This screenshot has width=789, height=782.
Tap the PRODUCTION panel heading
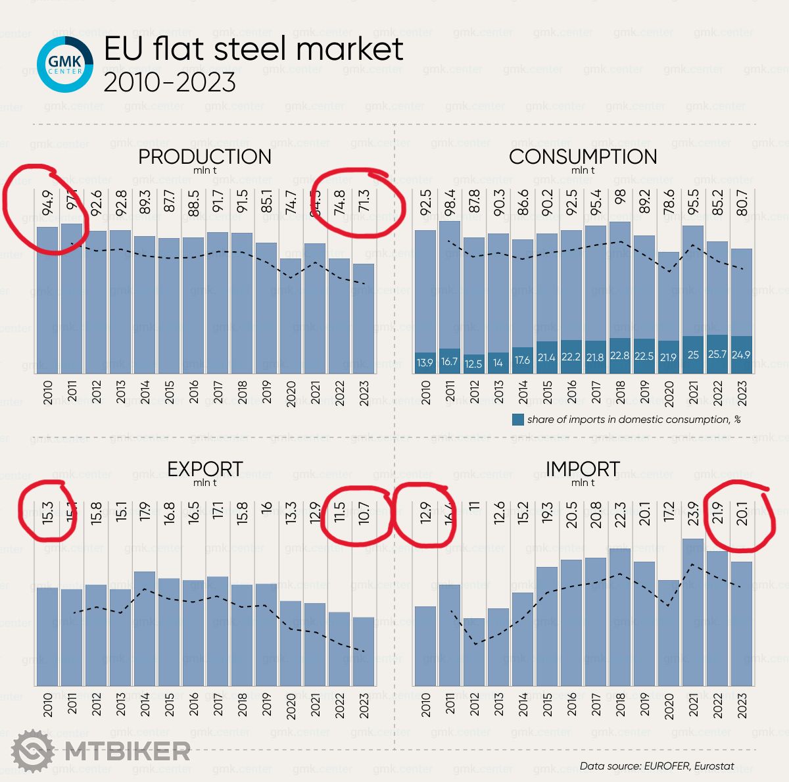click(x=204, y=157)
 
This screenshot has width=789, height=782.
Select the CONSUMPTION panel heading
click(x=583, y=157)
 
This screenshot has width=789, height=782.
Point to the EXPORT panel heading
click(x=204, y=469)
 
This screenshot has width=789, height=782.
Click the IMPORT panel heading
click(x=583, y=469)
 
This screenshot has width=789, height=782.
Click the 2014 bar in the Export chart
click(x=145, y=628)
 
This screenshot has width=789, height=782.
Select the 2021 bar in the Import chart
click(x=693, y=612)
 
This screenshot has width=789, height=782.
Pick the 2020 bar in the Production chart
click(x=291, y=316)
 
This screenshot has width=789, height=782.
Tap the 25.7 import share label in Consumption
click(x=717, y=355)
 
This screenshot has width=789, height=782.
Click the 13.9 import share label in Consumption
click(x=425, y=362)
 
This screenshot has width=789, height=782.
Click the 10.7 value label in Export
click(x=364, y=514)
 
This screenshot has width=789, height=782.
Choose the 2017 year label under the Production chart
click(x=218, y=393)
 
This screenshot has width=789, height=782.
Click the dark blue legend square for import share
click(x=518, y=420)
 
